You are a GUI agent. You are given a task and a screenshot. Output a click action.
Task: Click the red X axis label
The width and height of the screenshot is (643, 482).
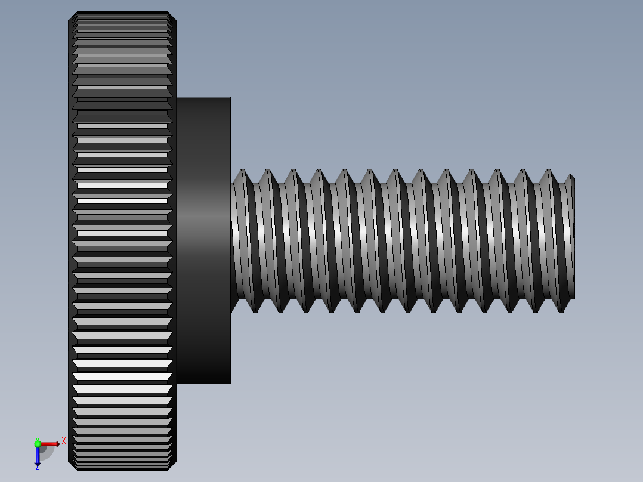64,441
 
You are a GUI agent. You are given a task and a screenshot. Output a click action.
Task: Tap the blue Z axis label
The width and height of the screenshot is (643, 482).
37,468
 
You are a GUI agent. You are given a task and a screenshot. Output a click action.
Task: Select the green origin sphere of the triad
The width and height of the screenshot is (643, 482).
38,443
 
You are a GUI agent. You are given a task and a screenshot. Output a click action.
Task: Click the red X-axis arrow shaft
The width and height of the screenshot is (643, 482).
47,444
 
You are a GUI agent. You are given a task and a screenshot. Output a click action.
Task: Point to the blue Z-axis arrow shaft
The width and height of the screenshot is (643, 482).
38,453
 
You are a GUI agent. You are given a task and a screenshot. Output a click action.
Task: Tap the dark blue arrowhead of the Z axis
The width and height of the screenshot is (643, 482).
38,462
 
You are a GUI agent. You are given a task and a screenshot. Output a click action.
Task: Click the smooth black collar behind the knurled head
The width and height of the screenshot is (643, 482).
203,239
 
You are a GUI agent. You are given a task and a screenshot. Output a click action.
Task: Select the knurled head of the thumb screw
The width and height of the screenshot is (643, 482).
122,239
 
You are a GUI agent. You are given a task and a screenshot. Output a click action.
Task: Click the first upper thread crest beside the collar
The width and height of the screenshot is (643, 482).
242,172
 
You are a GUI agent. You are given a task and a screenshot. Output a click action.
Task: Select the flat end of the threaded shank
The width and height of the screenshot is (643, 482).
573,239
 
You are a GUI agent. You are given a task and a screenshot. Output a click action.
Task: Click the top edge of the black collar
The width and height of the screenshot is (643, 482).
203,98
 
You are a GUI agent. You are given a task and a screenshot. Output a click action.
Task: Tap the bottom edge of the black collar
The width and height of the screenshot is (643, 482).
203,382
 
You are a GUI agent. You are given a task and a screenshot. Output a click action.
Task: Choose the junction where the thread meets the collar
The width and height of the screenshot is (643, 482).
231,239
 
